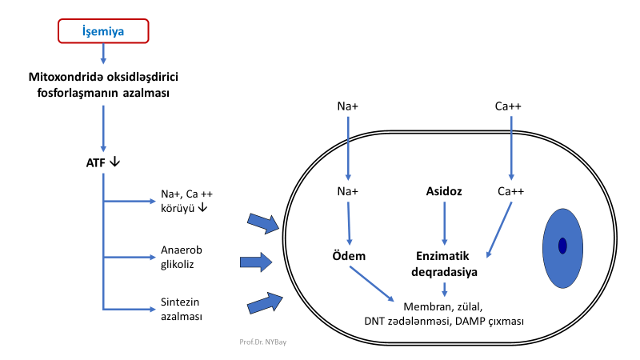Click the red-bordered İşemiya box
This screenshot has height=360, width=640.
(104, 31)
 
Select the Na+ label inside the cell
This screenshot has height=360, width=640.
(349, 191)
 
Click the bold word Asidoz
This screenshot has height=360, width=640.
(443, 191)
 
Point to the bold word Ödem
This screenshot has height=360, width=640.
(349, 256)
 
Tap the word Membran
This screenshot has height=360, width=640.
(424, 306)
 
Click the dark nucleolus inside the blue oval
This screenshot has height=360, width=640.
(562, 246)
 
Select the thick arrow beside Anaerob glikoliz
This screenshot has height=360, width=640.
(255, 262)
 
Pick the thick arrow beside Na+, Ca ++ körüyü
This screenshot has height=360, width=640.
(263, 223)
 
